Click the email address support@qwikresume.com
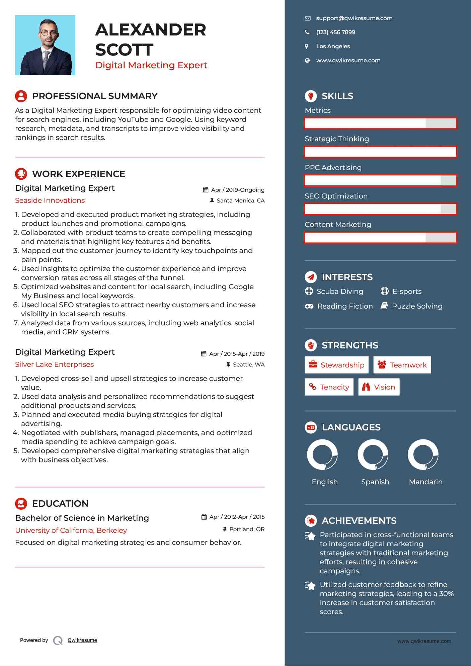click(x=354, y=18)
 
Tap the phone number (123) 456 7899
click(x=335, y=32)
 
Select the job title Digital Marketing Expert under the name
click(x=151, y=65)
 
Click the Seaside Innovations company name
click(x=50, y=200)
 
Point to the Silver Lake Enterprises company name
click(x=54, y=364)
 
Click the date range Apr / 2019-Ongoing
click(x=237, y=190)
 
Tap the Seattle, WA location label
click(x=248, y=364)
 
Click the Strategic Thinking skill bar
click(x=380, y=152)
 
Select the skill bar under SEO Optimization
click(x=380, y=209)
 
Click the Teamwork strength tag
click(x=402, y=365)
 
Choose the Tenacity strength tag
click(x=329, y=387)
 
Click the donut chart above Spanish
click(x=373, y=455)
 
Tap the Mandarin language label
click(x=425, y=482)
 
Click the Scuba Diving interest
click(x=339, y=292)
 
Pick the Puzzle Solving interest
click(x=417, y=306)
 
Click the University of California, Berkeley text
click(x=71, y=530)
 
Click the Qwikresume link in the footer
click(x=82, y=640)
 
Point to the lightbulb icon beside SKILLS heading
click(x=311, y=96)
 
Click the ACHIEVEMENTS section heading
click(x=359, y=521)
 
